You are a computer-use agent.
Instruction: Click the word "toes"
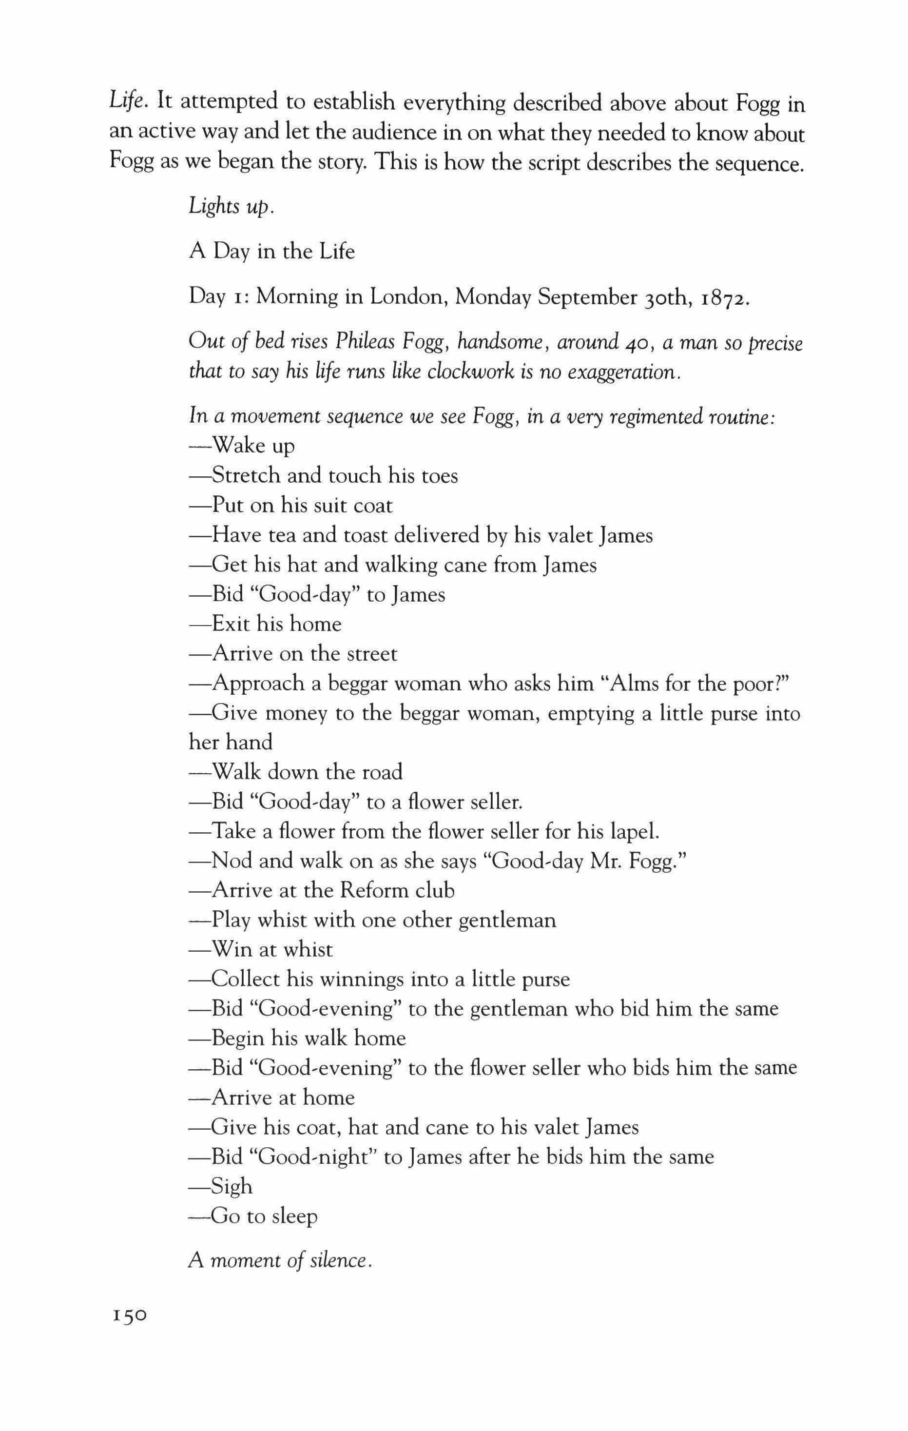click(x=439, y=475)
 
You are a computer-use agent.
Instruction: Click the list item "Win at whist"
click(x=260, y=949)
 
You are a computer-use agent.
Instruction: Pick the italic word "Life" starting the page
click(x=127, y=101)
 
